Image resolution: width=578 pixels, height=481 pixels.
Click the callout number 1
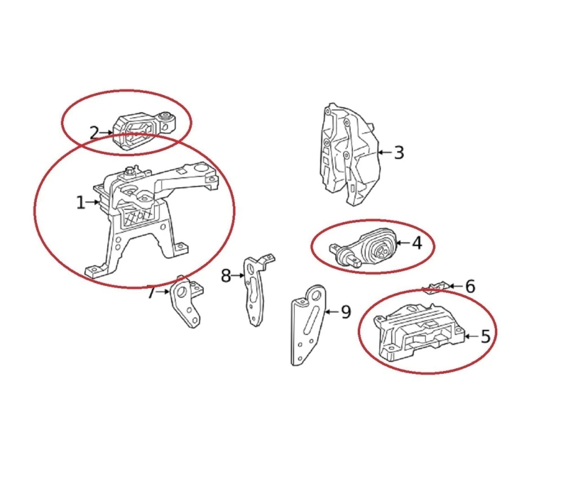tap(80, 202)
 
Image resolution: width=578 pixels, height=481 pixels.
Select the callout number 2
tap(94, 133)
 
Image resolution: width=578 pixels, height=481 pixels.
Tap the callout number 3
tap(399, 152)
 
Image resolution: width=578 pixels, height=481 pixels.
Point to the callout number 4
tap(417, 243)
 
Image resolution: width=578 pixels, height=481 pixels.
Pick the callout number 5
tap(486, 336)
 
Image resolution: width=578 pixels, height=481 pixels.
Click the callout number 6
tap(470, 286)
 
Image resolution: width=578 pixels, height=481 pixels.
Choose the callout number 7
tap(151, 293)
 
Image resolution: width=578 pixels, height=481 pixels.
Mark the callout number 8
tap(226, 275)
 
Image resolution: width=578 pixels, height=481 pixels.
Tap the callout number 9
tap(346, 312)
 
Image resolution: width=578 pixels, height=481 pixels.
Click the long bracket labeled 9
tap(308, 324)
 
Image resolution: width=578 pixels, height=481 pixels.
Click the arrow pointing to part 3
tap(386, 152)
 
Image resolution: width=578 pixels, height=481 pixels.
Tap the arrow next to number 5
tap(471, 336)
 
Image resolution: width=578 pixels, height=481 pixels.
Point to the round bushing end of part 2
tap(167, 118)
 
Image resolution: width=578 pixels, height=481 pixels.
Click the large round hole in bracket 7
tap(181, 294)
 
